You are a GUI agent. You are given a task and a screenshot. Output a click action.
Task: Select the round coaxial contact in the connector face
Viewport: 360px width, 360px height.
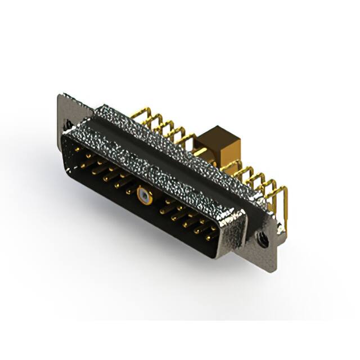(x=145, y=196)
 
